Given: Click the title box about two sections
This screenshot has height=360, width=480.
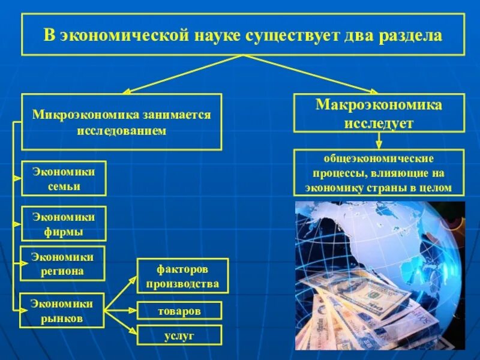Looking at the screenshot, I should tap(242, 35).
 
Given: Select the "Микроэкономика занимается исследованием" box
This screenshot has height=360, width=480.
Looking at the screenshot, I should tap(122, 122).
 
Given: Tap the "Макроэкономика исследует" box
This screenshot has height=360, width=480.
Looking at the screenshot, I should tap(379, 113).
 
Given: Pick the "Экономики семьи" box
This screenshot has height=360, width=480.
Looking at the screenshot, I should tap(64, 178).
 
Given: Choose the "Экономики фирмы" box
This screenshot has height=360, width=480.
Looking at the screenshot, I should tap(64, 224).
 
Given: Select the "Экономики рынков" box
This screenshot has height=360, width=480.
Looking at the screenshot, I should tap(62, 310).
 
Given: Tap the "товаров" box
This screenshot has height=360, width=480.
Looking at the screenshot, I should tap(179, 311).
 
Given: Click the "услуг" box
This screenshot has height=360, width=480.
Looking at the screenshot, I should tap(179, 335).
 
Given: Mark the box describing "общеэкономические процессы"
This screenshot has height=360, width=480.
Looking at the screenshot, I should tap(379, 173).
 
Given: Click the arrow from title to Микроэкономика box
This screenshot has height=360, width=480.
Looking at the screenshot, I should tap(180, 74).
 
